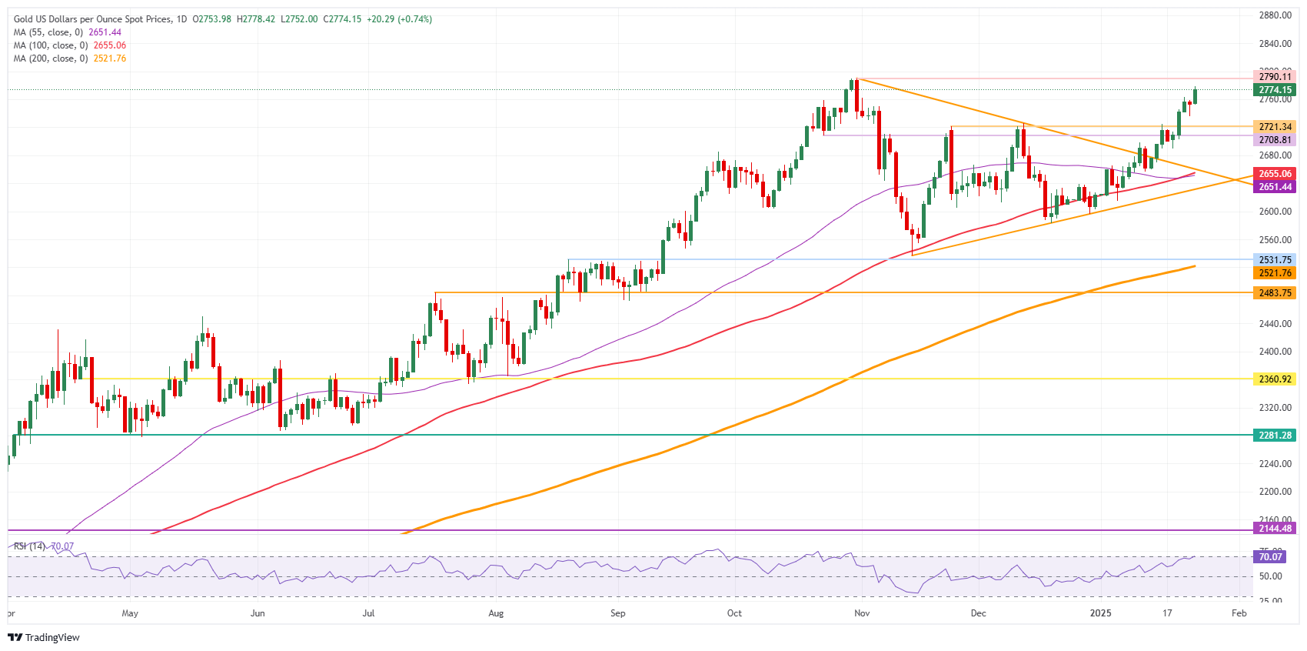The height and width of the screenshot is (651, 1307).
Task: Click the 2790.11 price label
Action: click(1274, 77)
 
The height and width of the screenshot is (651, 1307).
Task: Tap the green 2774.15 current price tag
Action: click(1274, 90)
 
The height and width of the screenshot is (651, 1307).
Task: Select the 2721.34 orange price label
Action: click(1274, 127)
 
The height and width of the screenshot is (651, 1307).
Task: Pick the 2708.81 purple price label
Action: click(1274, 140)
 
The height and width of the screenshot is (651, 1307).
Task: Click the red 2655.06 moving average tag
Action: click(1274, 174)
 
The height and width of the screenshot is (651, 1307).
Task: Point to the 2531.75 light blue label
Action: click(1274, 260)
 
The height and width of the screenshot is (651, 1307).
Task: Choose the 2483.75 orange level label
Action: click(1274, 293)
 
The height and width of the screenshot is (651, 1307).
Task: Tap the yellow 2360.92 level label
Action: click(1274, 379)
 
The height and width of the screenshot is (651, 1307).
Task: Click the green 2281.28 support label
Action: click(1274, 436)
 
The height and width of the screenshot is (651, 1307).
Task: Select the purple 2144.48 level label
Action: click(1274, 529)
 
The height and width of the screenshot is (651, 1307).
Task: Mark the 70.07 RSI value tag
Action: click(1269, 556)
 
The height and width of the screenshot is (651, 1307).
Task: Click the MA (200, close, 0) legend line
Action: click(69, 58)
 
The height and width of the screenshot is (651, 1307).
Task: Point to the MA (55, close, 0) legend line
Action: click(67, 32)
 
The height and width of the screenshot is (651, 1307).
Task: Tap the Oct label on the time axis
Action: click(734, 613)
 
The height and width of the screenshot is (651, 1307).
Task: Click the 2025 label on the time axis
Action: click(1101, 613)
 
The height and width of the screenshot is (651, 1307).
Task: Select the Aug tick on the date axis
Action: click(496, 613)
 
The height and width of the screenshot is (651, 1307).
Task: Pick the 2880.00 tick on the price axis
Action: click(1275, 15)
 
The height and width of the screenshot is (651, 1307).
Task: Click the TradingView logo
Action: click(44, 637)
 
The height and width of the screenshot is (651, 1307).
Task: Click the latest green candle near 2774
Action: click(1195, 96)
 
